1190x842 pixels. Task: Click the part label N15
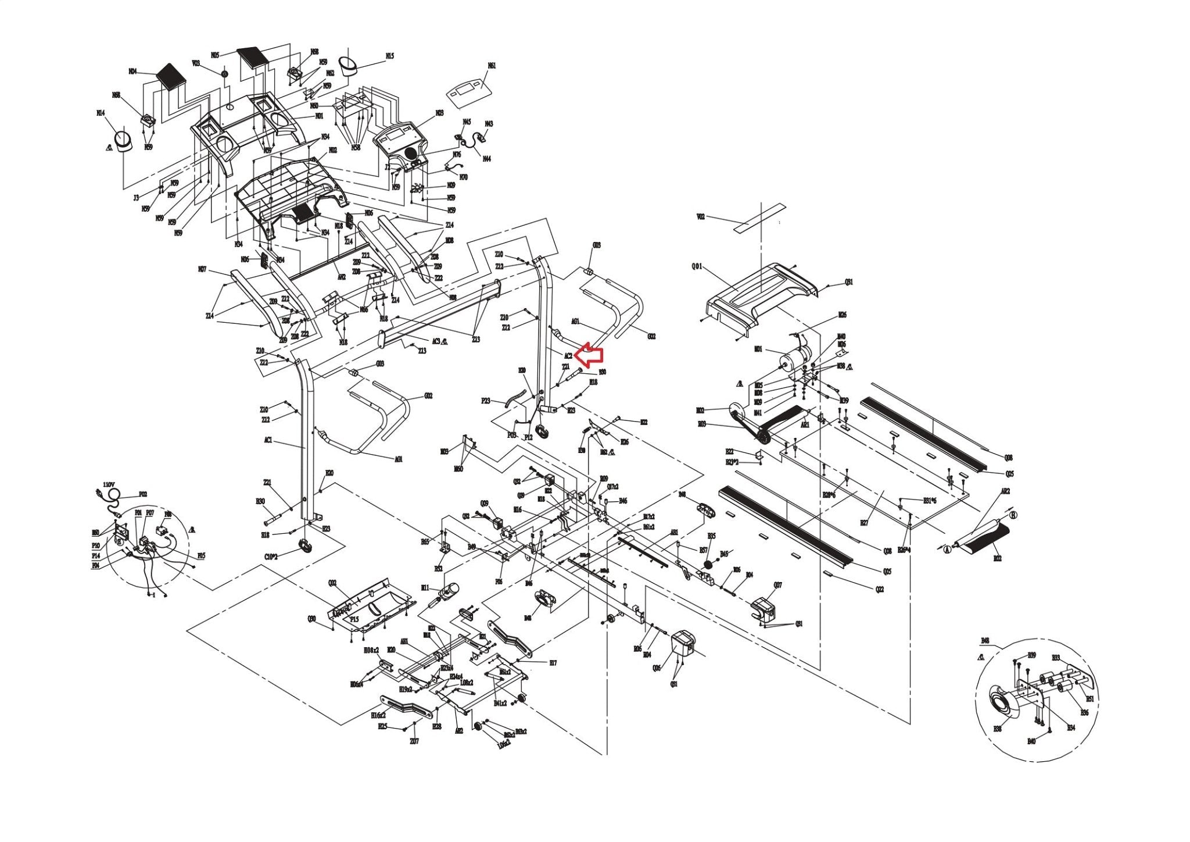click(x=389, y=56)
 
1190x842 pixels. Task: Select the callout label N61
click(x=492, y=66)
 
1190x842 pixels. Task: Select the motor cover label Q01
click(x=697, y=267)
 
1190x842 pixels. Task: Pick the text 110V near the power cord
click(x=108, y=484)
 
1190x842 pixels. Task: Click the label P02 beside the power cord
click(x=142, y=495)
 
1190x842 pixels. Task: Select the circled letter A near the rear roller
click(x=947, y=547)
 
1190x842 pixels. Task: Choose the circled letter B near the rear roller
click(x=1013, y=515)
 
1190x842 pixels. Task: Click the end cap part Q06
click(x=684, y=646)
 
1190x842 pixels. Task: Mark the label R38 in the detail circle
click(x=997, y=729)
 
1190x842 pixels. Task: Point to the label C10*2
click(x=271, y=556)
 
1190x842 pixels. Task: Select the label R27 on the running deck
click(x=864, y=523)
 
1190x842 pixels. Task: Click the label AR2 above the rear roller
click(x=1005, y=491)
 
